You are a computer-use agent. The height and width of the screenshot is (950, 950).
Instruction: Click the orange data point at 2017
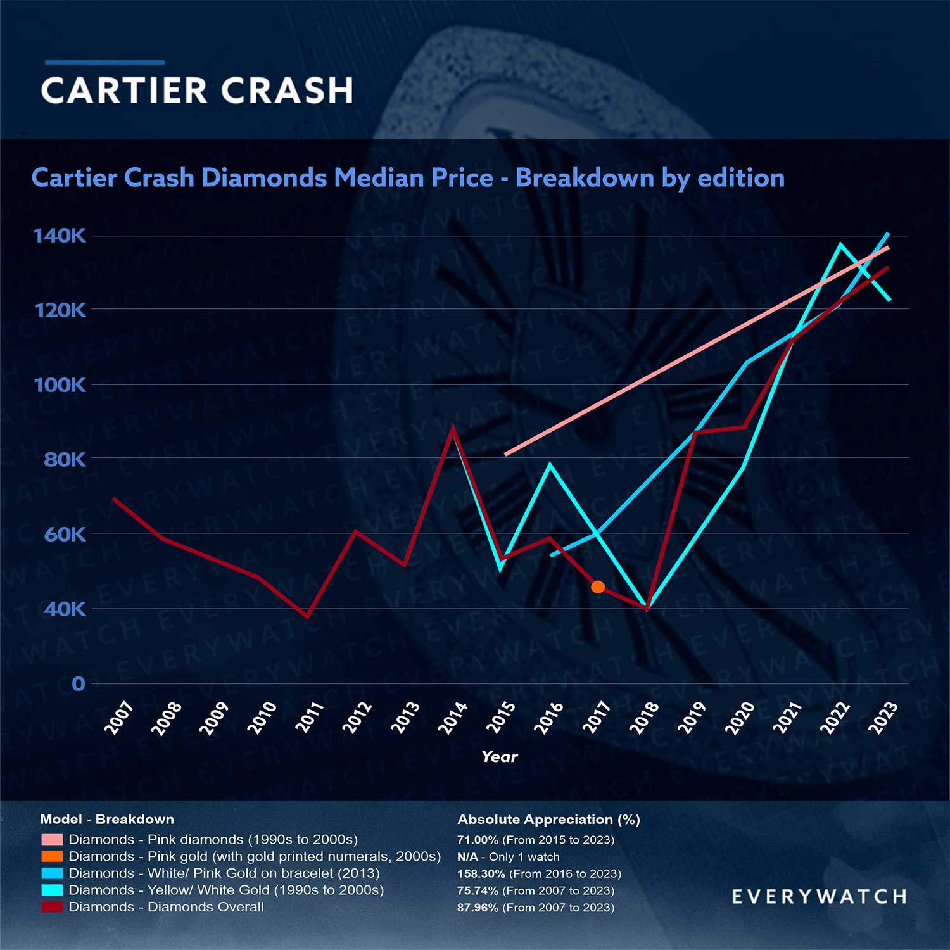pyautogui.click(x=597, y=587)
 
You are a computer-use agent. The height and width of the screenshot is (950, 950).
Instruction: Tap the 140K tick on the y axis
pyautogui.click(x=60, y=236)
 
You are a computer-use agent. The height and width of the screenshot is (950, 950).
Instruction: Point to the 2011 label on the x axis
pyautogui.click(x=310, y=718)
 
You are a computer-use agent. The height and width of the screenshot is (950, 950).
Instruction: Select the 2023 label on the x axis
pyautogui.click(x=883, y=718)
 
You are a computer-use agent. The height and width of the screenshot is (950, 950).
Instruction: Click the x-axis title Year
pyautogui.click(x=499, y=756)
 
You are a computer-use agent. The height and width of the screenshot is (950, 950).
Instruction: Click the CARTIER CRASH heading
pyautogui.click(x=197, y=90)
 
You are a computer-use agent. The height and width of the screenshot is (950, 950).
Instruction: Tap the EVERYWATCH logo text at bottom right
pyautogui.click(x=819, y=896)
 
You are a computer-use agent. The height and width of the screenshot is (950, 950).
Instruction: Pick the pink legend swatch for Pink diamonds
pyautogui.click(x=52, y=839)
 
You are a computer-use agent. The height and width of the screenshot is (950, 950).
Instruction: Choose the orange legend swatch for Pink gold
pyautogui.click(x=52, y=856)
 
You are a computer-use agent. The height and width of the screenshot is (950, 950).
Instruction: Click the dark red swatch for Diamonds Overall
pyautogui.click(x=52, y=907)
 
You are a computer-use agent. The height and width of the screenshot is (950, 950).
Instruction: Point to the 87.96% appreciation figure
pyautogui.click(x=478, y=908)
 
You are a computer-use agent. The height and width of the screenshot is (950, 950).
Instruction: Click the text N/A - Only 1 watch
pyautogui.click(x=509, y=857)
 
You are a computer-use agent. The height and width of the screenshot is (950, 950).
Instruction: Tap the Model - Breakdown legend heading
pyautogui.click(x=107, y=819)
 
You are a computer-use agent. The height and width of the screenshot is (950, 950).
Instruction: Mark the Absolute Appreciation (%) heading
pyautogui.click(x=548, y=819)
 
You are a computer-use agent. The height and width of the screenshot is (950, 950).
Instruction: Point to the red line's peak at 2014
pyautogui.click(x=452, y=427)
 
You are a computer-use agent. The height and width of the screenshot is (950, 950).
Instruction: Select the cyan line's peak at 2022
pyautogui.click(x=840, y=244)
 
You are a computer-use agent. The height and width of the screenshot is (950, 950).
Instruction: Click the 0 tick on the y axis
pyautogui.click(x=78, y=684)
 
